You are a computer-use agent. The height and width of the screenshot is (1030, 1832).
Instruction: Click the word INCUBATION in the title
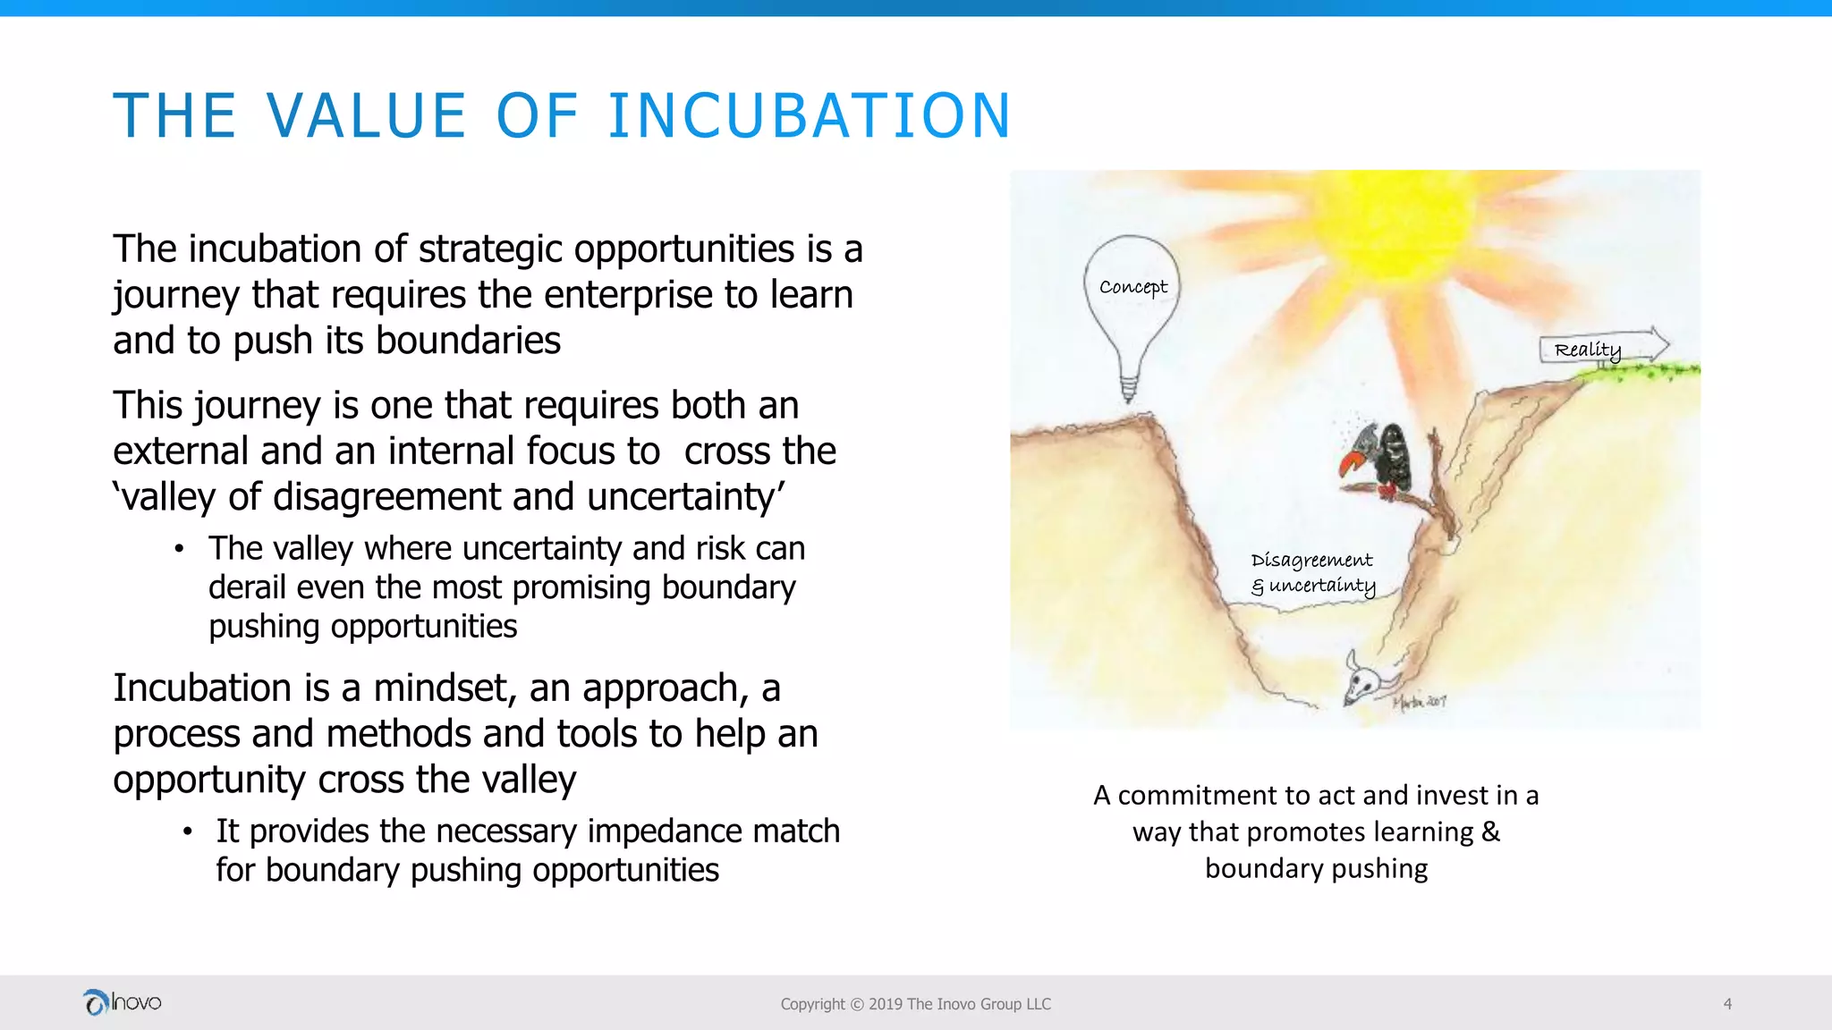click(809, 116)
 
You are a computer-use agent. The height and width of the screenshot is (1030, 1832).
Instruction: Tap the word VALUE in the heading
click(367, 116)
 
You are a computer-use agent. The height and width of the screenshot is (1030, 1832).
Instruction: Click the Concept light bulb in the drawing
click(1132, 304)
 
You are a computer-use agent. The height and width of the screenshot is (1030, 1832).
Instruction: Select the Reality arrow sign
click(1601, 348)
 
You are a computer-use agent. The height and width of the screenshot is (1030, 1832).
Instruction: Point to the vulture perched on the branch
click(1382, 460)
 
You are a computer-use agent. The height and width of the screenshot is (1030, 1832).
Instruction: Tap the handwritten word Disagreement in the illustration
click(1311, 561)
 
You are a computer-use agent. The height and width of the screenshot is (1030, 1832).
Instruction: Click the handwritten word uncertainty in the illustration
click(1322, 587)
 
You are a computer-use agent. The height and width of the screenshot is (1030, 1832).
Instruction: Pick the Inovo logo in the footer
click(122, 1002)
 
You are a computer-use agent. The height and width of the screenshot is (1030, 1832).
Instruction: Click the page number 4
click(1727, 1004)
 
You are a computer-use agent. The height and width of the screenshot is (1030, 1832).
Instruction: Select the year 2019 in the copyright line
click(886, 1004)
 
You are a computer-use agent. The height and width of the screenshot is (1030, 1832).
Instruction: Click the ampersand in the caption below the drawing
click(1490, 832)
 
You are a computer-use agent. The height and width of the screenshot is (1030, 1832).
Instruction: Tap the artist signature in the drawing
click(1419, 702)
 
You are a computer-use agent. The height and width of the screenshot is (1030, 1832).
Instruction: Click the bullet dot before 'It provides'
click(187, 832)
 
